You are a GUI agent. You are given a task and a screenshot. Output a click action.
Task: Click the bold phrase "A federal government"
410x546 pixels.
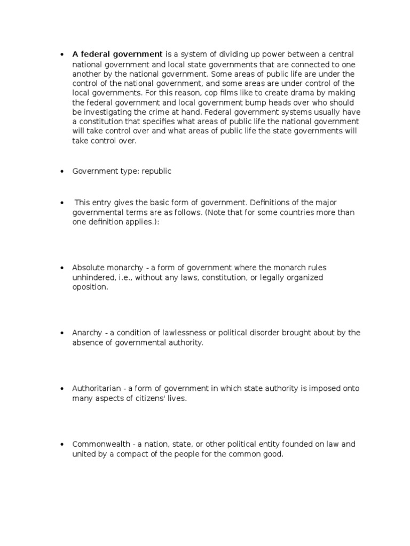coord(117,54)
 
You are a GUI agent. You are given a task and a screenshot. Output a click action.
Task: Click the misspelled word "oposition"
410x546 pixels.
coord(90,287)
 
